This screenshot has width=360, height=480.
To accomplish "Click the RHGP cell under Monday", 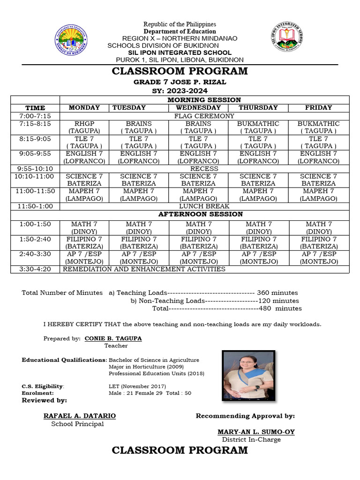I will coord(84,127).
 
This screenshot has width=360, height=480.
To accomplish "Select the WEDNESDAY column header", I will coord(199,107).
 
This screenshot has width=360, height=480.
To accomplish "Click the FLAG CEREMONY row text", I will coord(204,115).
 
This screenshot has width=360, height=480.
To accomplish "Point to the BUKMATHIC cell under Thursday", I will coord(258,127).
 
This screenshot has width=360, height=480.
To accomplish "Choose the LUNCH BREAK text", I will coord(204,206).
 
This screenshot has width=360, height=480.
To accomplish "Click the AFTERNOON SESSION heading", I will coord(201,214).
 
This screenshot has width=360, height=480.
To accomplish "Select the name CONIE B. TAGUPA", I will coord(113,338).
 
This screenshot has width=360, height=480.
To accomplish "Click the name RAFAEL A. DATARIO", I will coord(80,416).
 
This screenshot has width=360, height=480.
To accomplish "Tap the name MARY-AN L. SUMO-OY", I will coord(256,432).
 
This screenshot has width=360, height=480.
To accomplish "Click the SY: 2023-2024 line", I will coord(180,91).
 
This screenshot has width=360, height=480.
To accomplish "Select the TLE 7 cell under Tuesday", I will coord(138,142).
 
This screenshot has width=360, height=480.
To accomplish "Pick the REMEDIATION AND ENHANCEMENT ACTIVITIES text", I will coord(144,269).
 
